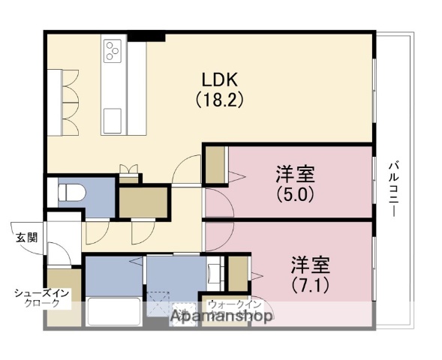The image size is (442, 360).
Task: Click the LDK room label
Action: click(219, 79)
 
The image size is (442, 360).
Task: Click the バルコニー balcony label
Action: click(394, 188)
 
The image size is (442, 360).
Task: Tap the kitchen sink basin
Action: click(114, 119)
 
